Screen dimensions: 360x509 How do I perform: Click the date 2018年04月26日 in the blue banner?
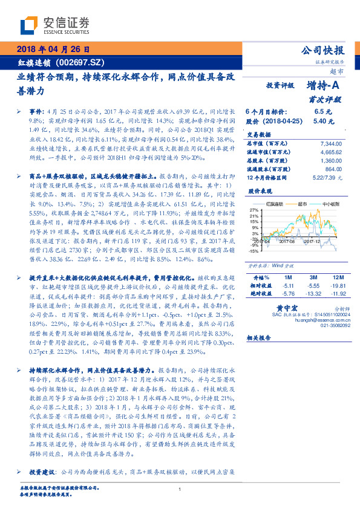pyautogui.click(x=53, y=49)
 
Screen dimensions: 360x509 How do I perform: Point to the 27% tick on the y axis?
pyautogui.click(x=255, y=210)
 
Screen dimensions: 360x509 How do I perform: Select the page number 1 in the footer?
pyautogui.click(x=180, y=490)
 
